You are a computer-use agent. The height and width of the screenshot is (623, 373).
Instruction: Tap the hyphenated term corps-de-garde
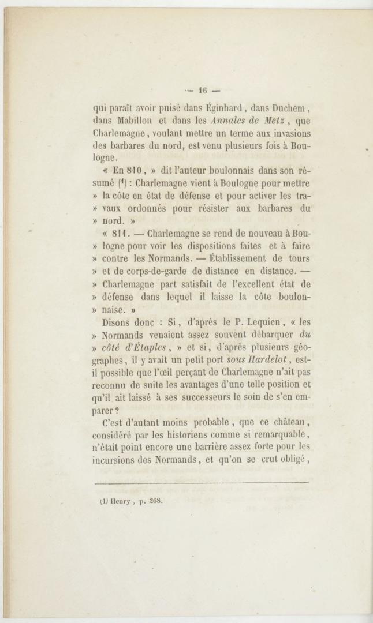point(166,271)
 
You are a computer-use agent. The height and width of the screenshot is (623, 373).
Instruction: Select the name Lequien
point(246,322)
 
